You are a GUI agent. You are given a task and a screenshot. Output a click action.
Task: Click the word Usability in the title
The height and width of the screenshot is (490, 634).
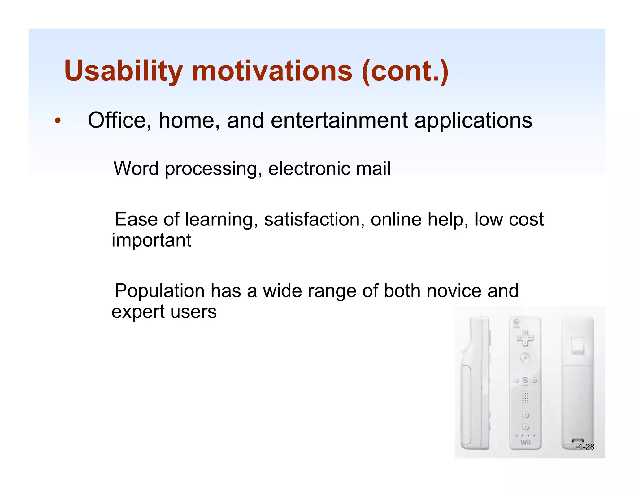123,71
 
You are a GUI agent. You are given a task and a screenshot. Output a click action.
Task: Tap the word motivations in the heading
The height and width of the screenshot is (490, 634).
272,71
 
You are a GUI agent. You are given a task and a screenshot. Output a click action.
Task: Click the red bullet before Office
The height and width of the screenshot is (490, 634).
58,121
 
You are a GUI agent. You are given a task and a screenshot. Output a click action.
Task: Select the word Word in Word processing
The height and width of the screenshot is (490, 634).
136,168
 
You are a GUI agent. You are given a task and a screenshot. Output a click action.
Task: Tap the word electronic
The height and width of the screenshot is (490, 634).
309,168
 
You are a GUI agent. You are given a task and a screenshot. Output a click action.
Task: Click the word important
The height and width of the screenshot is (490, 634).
151,240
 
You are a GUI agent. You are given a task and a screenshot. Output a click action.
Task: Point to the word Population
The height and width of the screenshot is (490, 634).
159,291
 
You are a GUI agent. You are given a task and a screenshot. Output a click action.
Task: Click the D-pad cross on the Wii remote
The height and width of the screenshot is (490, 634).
525,338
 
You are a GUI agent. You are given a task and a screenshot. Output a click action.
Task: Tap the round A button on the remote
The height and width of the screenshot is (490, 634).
525,358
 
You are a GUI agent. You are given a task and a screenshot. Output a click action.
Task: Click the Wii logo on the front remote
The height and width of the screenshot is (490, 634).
525,442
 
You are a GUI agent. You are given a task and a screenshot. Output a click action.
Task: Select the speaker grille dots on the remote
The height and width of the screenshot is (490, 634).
525,396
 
